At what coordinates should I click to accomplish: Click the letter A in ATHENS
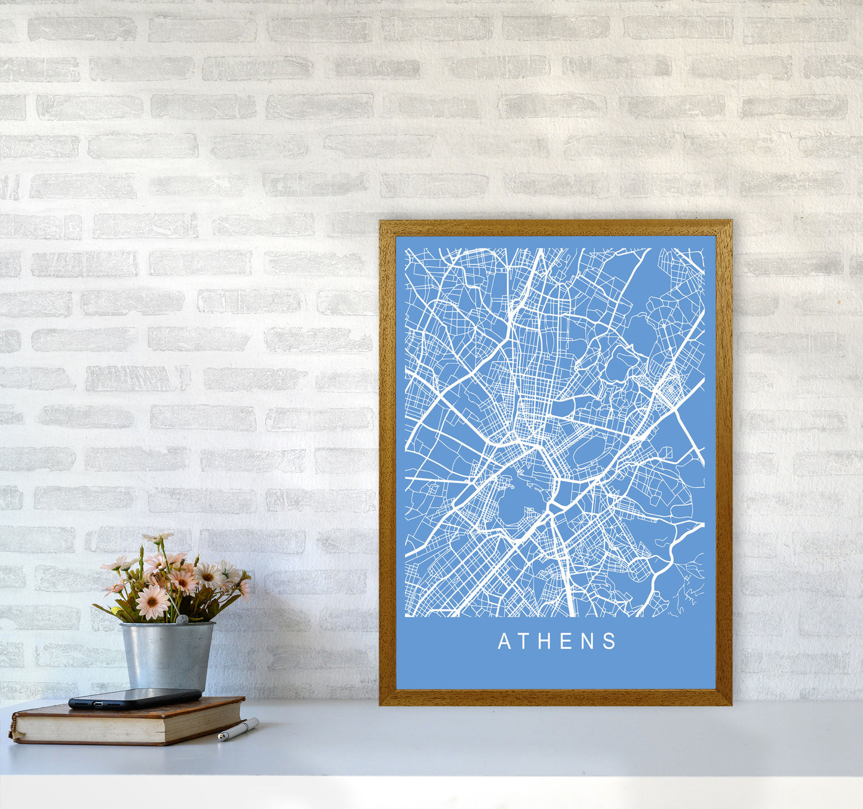point(504,641)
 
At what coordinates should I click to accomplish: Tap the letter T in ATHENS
point(526,641)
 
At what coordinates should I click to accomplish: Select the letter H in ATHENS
point(547,641)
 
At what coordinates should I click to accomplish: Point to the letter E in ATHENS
point(568,641)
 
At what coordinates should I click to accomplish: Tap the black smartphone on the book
point(134,697)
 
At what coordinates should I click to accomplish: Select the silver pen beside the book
point(238,730)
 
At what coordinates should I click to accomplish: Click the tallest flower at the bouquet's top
point(156,538)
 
